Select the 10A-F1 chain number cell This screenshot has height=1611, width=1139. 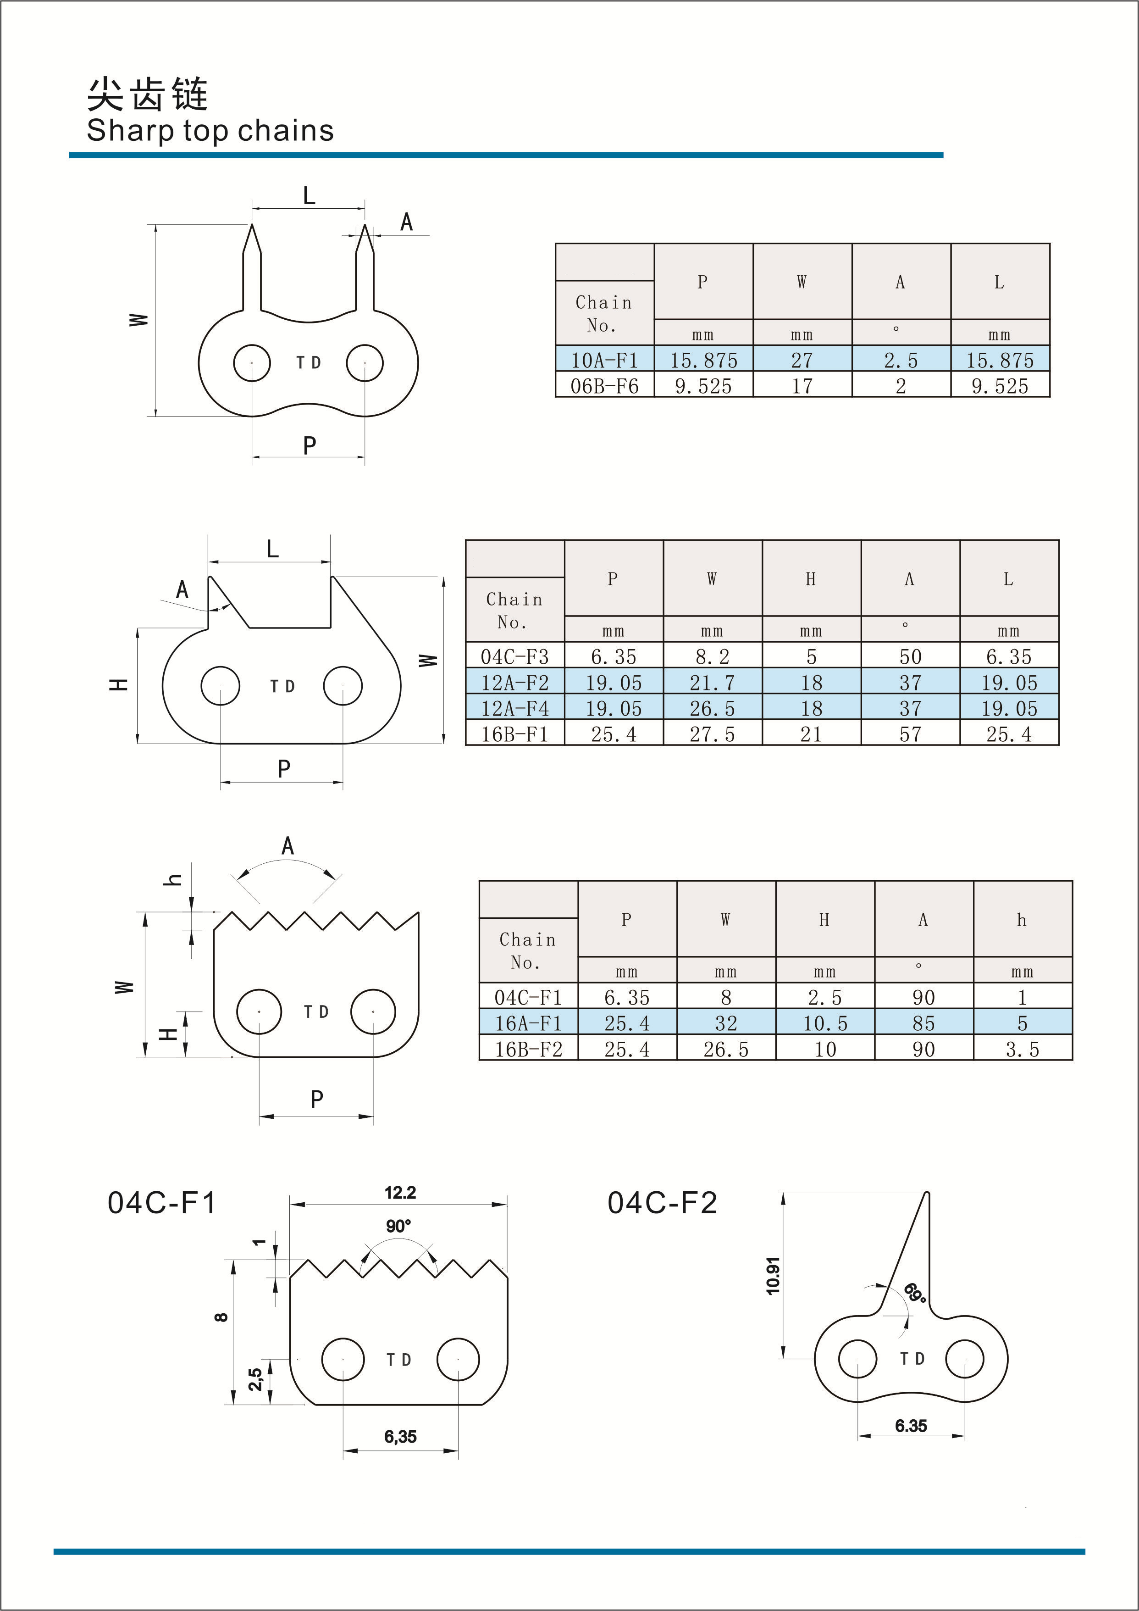pos(604,360)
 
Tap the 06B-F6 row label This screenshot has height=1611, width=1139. pos(604,385)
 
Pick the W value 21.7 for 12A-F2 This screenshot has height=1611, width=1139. pos(712,682)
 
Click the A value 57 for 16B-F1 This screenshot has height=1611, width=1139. pos(910,734)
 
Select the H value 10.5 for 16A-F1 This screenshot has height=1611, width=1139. pos(825,1023)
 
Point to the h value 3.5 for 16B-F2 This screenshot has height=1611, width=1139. pos(1022,1049)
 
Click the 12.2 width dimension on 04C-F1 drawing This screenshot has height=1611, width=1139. pos(400,1192)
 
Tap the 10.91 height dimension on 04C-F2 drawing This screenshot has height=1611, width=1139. pos(773,1276)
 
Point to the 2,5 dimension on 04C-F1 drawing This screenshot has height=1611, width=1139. pos(255,1379)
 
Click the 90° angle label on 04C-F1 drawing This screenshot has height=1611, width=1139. pos(398,1226)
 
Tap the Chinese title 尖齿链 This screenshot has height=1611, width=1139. pos(147,94)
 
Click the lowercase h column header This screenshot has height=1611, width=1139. pos(1022,919)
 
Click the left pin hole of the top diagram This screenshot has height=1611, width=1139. pos(252,363)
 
